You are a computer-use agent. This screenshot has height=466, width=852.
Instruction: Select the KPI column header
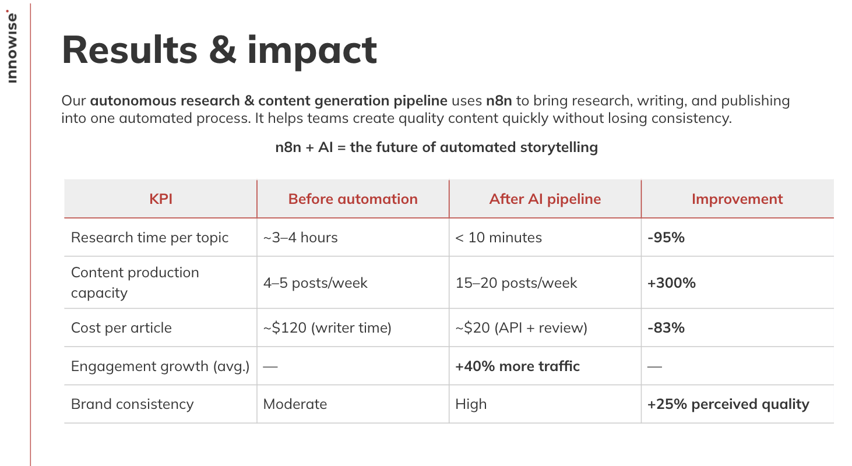[161, 199]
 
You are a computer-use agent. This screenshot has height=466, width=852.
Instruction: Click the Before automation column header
[353, 199]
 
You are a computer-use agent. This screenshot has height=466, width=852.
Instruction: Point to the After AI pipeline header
[545, 199]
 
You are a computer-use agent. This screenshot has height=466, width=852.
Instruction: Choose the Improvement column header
[737, 199]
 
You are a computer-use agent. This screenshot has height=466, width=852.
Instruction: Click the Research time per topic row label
[150, 238]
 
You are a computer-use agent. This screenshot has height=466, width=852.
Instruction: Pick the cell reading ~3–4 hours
[301, 238]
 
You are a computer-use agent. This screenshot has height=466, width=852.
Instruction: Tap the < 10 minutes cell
[499, 238]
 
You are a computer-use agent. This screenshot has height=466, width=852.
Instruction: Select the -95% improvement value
[666, 238]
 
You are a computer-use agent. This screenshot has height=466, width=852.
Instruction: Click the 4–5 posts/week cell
[315, 283]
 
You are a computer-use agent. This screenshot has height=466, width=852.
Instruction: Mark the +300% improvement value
[671, 283]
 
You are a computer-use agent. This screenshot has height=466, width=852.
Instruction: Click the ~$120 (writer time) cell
[327, 328]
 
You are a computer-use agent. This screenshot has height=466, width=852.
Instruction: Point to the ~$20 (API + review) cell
[521, 328]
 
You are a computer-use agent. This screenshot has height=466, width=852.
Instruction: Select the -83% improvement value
[666, 328]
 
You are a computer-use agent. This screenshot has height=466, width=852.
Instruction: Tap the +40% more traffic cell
[517, 366]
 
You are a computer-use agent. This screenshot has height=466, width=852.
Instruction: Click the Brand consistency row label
[132, 404]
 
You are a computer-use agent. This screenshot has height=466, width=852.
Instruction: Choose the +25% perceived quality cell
[728, 404]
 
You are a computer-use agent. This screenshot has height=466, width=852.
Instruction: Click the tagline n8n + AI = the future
[436, 147]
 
